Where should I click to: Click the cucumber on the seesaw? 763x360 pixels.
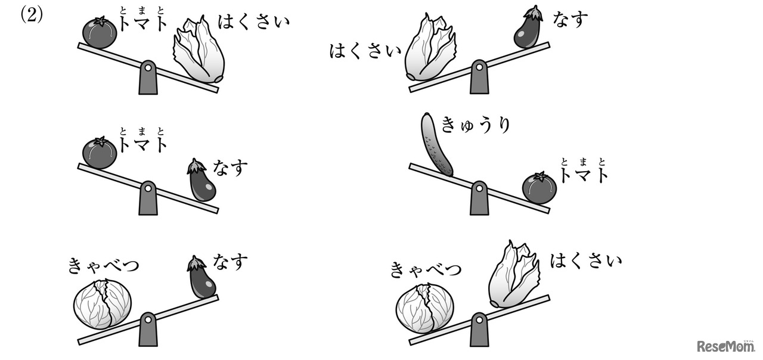pyautogui.click(x=436, y=145)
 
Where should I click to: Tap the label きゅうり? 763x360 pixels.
pyautogui.click(x=476, y=125)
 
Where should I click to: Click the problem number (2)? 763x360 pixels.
pyautogui.click(x=32, y=15)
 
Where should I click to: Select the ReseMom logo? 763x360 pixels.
pyautogui.click(x=725, y=346)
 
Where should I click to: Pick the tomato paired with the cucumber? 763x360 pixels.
pyautogui.click(x=539, y=189)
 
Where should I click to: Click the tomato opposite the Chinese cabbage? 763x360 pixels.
pyautogui.click(x=100, y=33)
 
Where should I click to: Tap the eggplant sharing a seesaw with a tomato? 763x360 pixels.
pyautogui.click(x=201, y=180)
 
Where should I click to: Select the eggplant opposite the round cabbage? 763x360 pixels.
pyautogui.click(x=201, y=277)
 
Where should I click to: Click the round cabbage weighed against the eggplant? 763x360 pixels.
pyautogui.click(x=102, y=304)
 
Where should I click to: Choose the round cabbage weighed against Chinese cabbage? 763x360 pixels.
pyautogui.click(x=425, y=308)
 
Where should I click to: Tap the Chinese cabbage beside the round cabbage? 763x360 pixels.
pyautogui.click(x=514, y=275)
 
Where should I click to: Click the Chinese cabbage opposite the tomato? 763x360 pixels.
pyautogui.click(x=199, y=49)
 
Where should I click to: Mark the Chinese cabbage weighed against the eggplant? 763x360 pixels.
pyautogui.click(x=430, y=48)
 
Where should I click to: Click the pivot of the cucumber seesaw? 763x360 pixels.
pyautogui.click(x=479, y=198)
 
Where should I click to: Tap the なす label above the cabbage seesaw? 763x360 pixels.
pyautogui.click(x=230, y=263)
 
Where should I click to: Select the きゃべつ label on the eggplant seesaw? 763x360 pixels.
pyautogui.click(x=104, y=266)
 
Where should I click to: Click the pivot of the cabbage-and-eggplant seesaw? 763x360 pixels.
pyautogui.click(x=148, y=329)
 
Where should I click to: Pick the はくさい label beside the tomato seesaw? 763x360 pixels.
pyautogui.click(x=254, y=21)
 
